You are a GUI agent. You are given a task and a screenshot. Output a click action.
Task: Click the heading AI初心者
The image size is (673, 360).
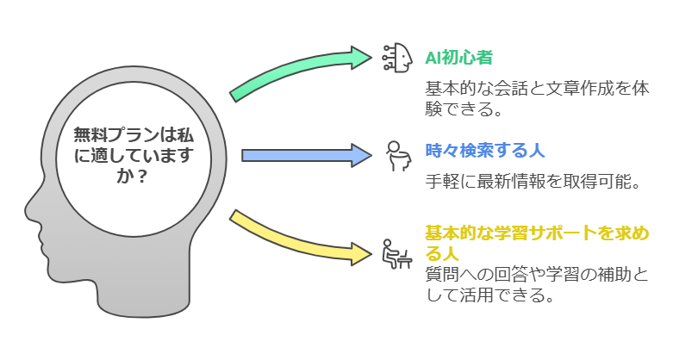458,58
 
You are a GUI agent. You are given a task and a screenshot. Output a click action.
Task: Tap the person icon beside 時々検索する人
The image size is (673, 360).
396,157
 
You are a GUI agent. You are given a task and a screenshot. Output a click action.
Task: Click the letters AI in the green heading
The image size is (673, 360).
433,58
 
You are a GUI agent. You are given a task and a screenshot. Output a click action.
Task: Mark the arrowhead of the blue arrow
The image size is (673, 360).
361,155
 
